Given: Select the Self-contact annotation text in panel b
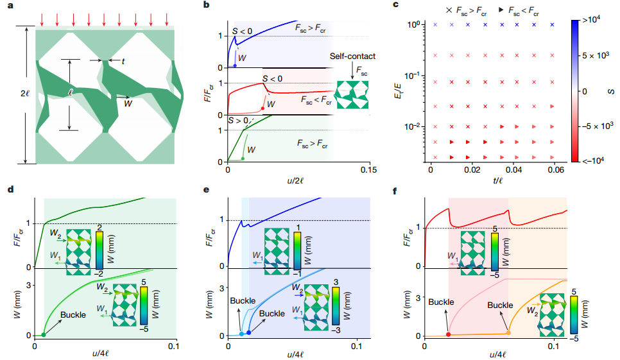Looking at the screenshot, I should pos(353,56).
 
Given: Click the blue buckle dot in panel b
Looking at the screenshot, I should pos(235,65).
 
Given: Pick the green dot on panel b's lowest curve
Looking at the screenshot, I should pos(243,159).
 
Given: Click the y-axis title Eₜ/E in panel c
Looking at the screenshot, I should pos(403,86).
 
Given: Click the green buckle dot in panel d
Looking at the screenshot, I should pos(44,334).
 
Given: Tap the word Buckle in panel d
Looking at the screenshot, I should pos(73,315).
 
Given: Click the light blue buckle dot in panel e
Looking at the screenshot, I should pos(241,334).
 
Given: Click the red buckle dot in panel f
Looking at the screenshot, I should pos(448,334).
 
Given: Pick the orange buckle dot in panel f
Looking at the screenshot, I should pos(508,332).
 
